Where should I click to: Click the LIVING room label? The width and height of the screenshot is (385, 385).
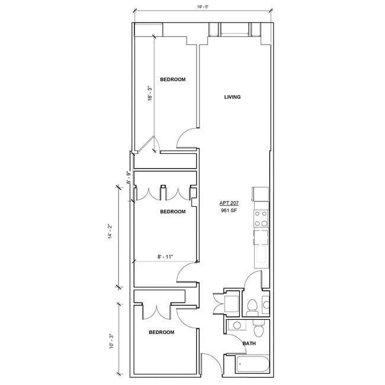click(x=232, y=97)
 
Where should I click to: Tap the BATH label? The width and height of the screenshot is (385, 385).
click(x=249, y=343)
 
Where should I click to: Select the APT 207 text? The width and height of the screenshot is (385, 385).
click(x=229, y=203)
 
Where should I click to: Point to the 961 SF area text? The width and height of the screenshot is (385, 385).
click(x=229, y=211)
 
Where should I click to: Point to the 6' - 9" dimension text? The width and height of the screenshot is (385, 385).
click(x=128, y=178)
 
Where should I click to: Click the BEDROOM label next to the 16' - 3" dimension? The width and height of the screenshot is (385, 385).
click(x=173, y=79)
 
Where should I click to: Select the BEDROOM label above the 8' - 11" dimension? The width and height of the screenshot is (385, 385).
click(x=173, y=211)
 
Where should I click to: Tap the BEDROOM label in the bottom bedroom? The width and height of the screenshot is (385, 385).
click(x=162, y=332)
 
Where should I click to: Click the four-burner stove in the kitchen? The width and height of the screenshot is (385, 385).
click(x=261, y=220)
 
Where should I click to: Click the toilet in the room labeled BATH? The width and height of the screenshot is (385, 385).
click(x=259, y=328)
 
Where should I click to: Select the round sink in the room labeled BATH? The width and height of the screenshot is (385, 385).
click(x=237, y=326)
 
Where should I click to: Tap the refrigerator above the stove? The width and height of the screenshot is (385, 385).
click(x=261, y=194)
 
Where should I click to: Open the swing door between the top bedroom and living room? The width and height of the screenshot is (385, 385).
click(x=187, y=140)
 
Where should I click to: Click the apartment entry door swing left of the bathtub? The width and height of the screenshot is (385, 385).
click(x=210, y=364)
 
